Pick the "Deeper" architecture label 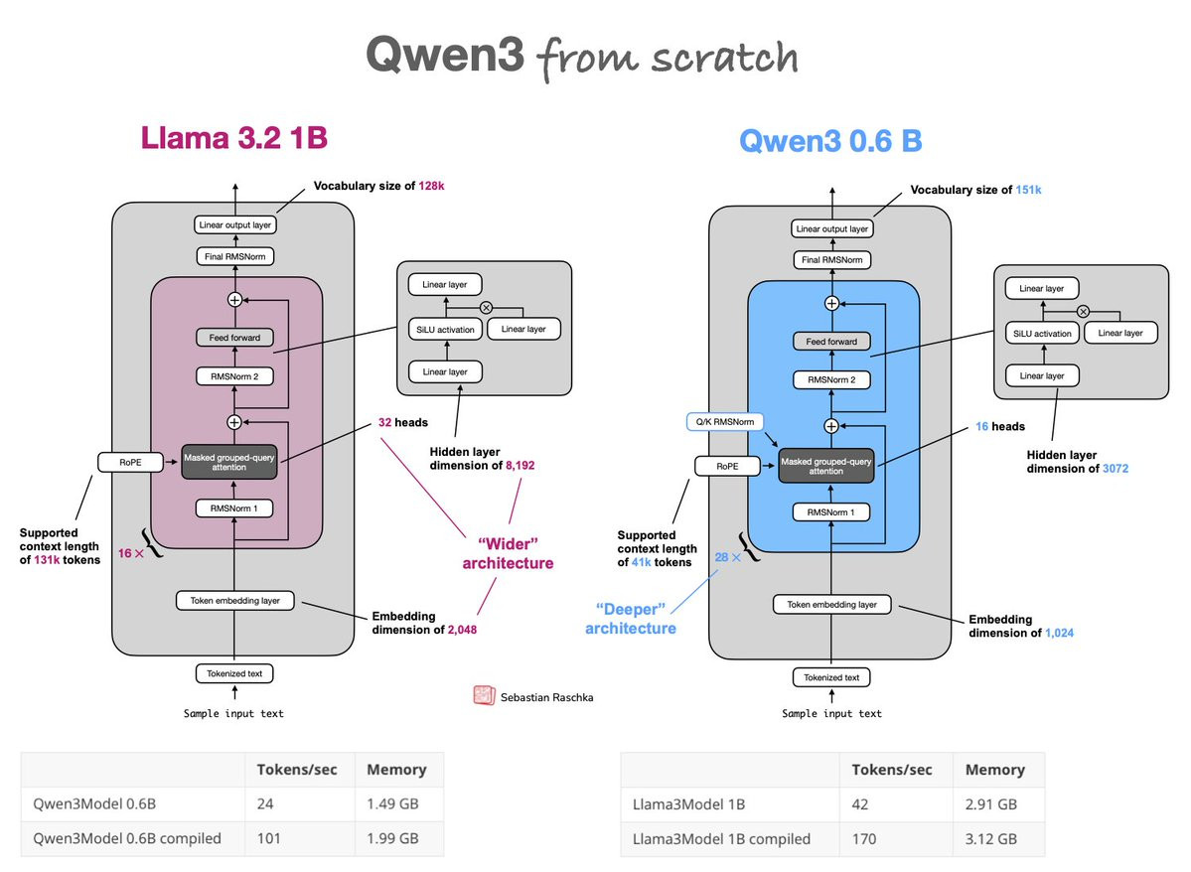(x=630, y=617)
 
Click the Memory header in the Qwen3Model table (x=396, y=769)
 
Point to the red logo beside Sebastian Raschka (x=484, y=695)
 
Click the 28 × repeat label (x=728, y=558)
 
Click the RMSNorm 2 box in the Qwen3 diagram (x=831, y=380)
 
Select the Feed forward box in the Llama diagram (x=234, y=338)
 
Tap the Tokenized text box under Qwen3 (x=831, y=677)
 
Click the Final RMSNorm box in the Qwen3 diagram (x=831, y=260)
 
